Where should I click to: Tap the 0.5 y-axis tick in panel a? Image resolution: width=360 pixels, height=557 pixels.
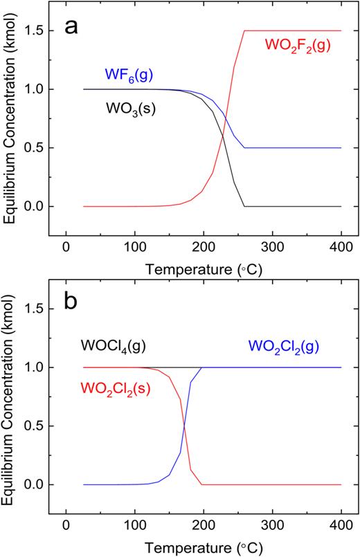tap(37, 147)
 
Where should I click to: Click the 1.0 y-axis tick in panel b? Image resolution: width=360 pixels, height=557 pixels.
tap(37, 367)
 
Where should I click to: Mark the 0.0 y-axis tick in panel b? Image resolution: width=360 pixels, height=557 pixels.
tap(37, 484)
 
